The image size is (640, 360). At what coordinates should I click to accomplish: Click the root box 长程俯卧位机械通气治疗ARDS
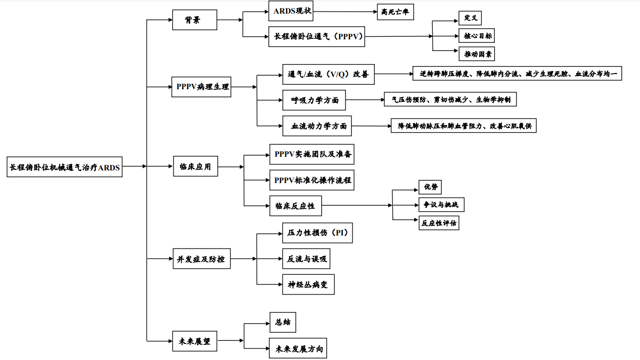pyautogui.click(x=65, y=167)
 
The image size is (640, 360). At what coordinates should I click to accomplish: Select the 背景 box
pyautogui.click(x=194, y=20)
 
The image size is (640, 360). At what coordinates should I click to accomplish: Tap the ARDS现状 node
pyautogui.click(x=290, y=11)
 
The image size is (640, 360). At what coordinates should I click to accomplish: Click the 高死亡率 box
pyautogui.click(x=395, y=11)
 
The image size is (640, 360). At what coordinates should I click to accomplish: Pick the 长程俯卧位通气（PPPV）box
pyautogui.click(x=316, y=36)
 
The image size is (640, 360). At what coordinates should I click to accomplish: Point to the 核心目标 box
pyautogui.click(x=476, y=36)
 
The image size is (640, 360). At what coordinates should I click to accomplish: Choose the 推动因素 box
pyautogui.click(x=476, y=53)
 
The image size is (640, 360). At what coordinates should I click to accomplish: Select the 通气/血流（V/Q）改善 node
pyautogui.click(x=328, y=74)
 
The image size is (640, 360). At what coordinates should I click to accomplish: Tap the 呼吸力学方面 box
pyautogui.click(x=314, y=100)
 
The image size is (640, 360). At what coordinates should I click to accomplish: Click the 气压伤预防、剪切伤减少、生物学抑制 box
pyautogui.click(x=450, y=99)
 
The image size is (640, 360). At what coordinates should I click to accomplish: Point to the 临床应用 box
pyautogui.click(x=195, y=166)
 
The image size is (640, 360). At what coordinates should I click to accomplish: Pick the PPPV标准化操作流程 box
pyautogui.click(x=311, y=179)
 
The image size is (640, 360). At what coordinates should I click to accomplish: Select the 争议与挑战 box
pyautogui.click(x=441, y=205)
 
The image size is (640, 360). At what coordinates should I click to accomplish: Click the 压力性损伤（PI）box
pyautogui.click(x=317, y=233)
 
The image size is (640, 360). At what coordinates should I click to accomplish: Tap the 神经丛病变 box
pyautogui.click(x=308, y=284)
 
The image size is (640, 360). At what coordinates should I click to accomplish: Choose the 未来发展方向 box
pyautogui.click(x=298, y=348)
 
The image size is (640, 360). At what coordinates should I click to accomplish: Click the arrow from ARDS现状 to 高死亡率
pyautogui.click(x=345, y=11)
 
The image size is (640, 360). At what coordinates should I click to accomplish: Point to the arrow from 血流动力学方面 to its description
pyautogui.click(x=371, y=126)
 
